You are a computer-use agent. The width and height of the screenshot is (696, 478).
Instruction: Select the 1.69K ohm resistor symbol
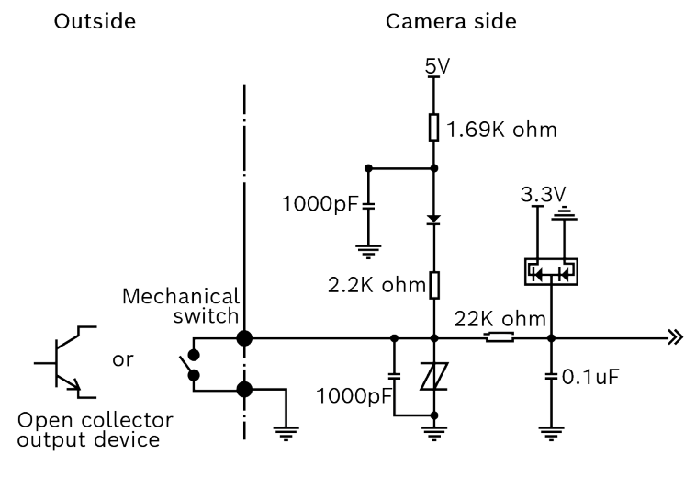pos(434,127)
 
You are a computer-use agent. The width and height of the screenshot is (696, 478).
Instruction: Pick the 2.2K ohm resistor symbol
pos(434,285)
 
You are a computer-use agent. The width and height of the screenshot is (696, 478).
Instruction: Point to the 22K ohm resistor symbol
pos(500,338)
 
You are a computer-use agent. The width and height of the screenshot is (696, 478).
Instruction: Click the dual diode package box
pos(550,271)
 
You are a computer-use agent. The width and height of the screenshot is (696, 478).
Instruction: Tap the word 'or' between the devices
pos(122,359)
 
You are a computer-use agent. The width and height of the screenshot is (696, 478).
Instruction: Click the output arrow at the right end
pos(677,338)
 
